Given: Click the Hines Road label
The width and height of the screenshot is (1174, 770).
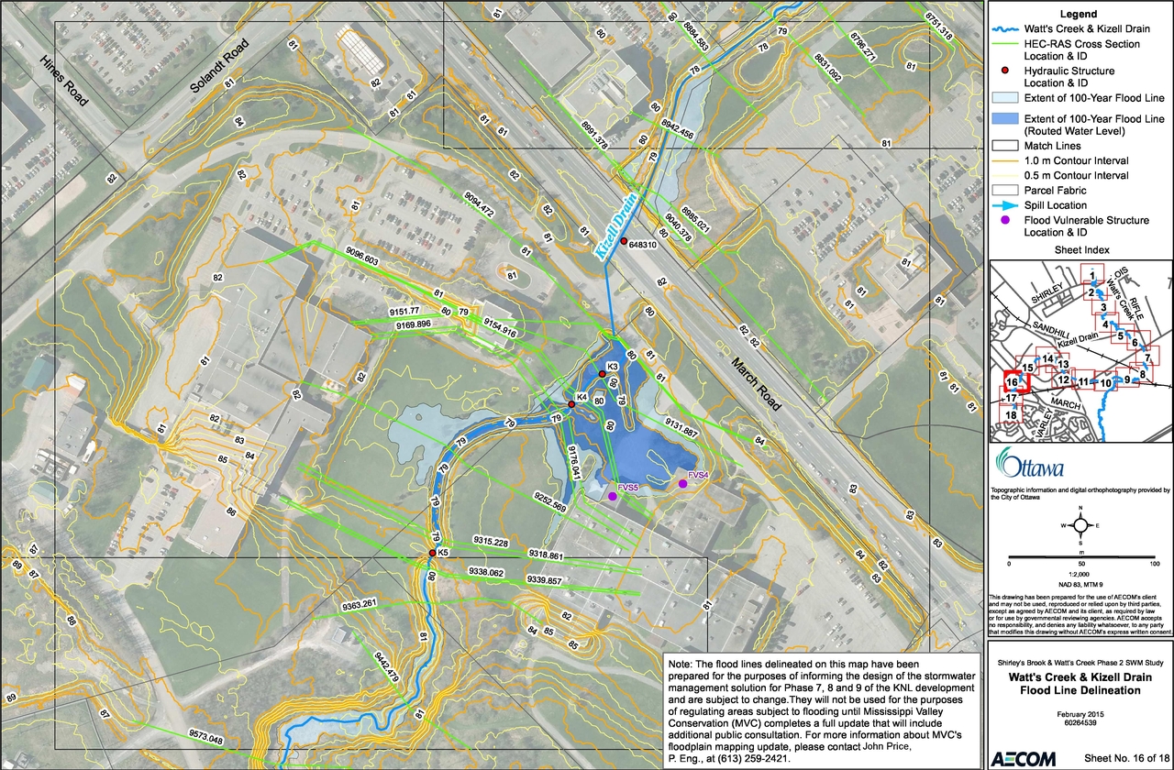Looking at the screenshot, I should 64,80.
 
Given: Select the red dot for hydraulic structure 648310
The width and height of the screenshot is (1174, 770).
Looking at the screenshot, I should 624,242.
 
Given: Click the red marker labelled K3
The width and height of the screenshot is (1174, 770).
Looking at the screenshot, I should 603,374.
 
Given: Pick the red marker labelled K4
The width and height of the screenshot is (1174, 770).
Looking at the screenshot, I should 571,404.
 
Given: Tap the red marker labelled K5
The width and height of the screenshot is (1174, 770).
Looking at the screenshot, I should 432,554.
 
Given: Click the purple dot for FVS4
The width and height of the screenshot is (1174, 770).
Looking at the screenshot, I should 682,483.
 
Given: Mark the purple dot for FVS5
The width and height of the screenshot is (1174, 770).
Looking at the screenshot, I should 613,496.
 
